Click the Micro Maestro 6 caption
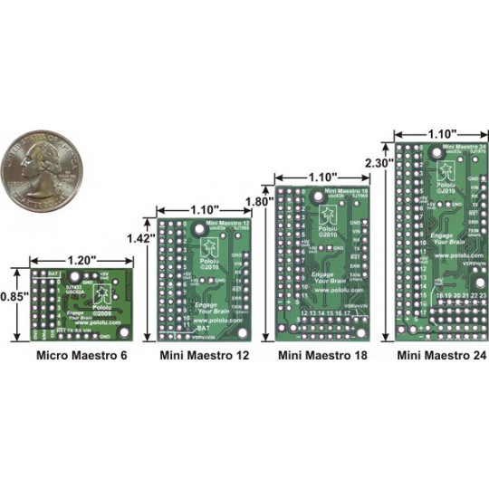tap(81, 356)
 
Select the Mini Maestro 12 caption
tap(204, 356)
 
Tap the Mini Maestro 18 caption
tap(322, 356)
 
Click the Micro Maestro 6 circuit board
tap(81, 302)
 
